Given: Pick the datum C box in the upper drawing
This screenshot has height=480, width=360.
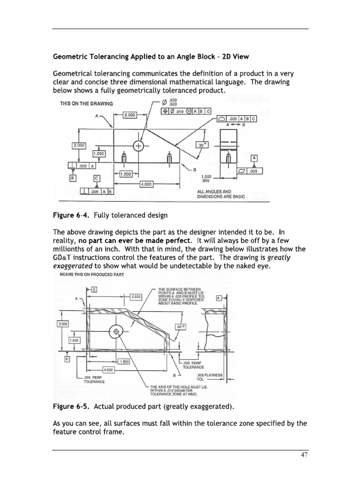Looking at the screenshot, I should point(97,178).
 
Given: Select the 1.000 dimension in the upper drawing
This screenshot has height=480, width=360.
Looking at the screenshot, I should point(99,153).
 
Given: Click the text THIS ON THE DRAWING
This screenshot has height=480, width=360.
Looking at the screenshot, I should point(86,104).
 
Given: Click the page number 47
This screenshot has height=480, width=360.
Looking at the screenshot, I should point(303,455).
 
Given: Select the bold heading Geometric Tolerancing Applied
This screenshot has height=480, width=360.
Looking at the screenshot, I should point(151,57).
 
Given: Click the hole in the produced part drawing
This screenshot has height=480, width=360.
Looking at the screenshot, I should point(115,332).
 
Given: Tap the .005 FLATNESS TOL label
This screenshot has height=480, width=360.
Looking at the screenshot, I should point(210,376).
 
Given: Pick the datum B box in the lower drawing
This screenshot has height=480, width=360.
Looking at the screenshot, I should point(67,359).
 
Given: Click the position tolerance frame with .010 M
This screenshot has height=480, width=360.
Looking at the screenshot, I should point(186,111).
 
